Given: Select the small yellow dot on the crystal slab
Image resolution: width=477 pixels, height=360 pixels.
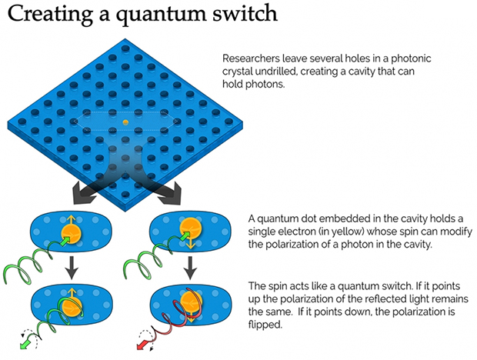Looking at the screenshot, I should (125, 122).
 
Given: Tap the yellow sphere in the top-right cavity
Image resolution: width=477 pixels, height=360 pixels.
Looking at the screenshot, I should (189, 228).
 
